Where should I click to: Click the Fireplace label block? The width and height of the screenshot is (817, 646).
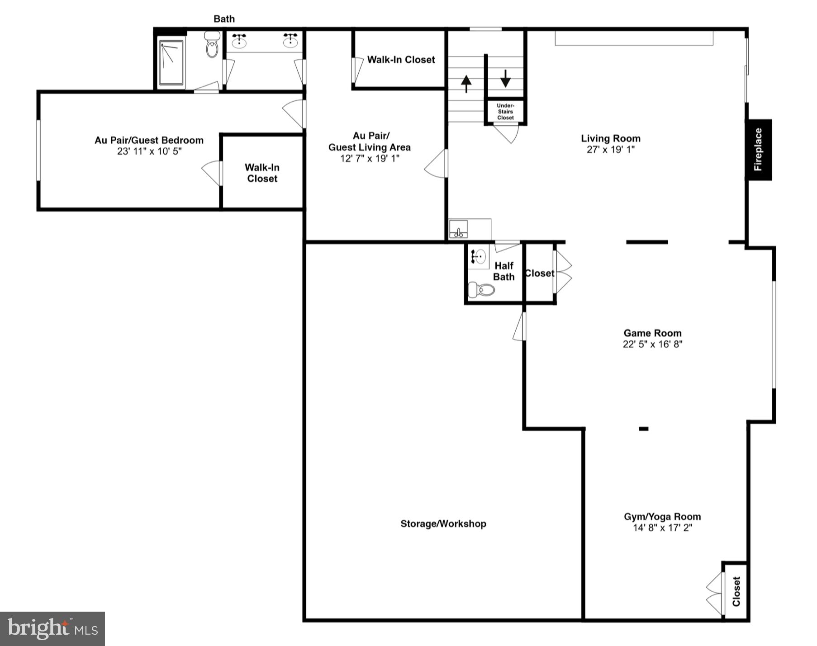(759, 150)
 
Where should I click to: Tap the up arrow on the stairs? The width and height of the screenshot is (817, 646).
(466, 83)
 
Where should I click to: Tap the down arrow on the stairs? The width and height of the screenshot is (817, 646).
(505, 79)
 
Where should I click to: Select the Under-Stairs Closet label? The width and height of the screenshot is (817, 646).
(505, 112)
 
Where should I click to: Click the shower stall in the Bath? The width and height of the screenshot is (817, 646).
(171, 63)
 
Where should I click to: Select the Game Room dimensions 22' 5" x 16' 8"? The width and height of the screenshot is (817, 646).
(652, 344)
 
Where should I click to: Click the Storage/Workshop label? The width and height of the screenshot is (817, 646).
(443, 523)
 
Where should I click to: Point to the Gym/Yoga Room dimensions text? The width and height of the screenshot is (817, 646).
(662, 528)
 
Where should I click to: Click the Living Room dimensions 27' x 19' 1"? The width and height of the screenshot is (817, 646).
(611, 150)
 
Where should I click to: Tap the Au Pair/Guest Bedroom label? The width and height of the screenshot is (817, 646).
(149, 140)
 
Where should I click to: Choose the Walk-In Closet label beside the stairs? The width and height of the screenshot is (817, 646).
(401, 60)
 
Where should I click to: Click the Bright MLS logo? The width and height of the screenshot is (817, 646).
(52, 628)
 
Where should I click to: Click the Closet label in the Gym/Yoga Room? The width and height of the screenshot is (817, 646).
(736, 591)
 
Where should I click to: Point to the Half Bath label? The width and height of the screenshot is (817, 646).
(503, 271)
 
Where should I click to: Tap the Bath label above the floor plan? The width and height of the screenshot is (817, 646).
(224, 19)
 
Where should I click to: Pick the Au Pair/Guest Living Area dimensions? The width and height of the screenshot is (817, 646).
(370, 158)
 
